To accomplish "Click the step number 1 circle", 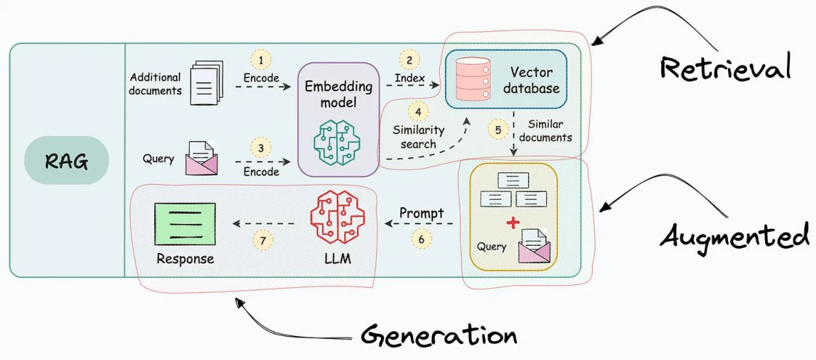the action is (x=261, y=60).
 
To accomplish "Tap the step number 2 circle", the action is (x=409, y=60).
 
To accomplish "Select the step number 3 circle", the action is (x=261, y=148).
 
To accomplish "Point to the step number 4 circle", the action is (x=417, y=111).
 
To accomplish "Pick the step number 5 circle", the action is (x=498, y=130).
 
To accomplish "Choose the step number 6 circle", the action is (x=421, y=239).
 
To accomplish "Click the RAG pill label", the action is (x=66, y=160).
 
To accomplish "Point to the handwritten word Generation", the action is (x=439, y=336).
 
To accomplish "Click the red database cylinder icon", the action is (x=473, y=79).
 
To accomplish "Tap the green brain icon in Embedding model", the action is (x=337, y=141).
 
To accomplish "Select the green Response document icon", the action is (x=185, y=224).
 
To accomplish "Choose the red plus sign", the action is (x=513, y=223).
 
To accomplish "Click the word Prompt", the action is (x=422, y=213).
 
